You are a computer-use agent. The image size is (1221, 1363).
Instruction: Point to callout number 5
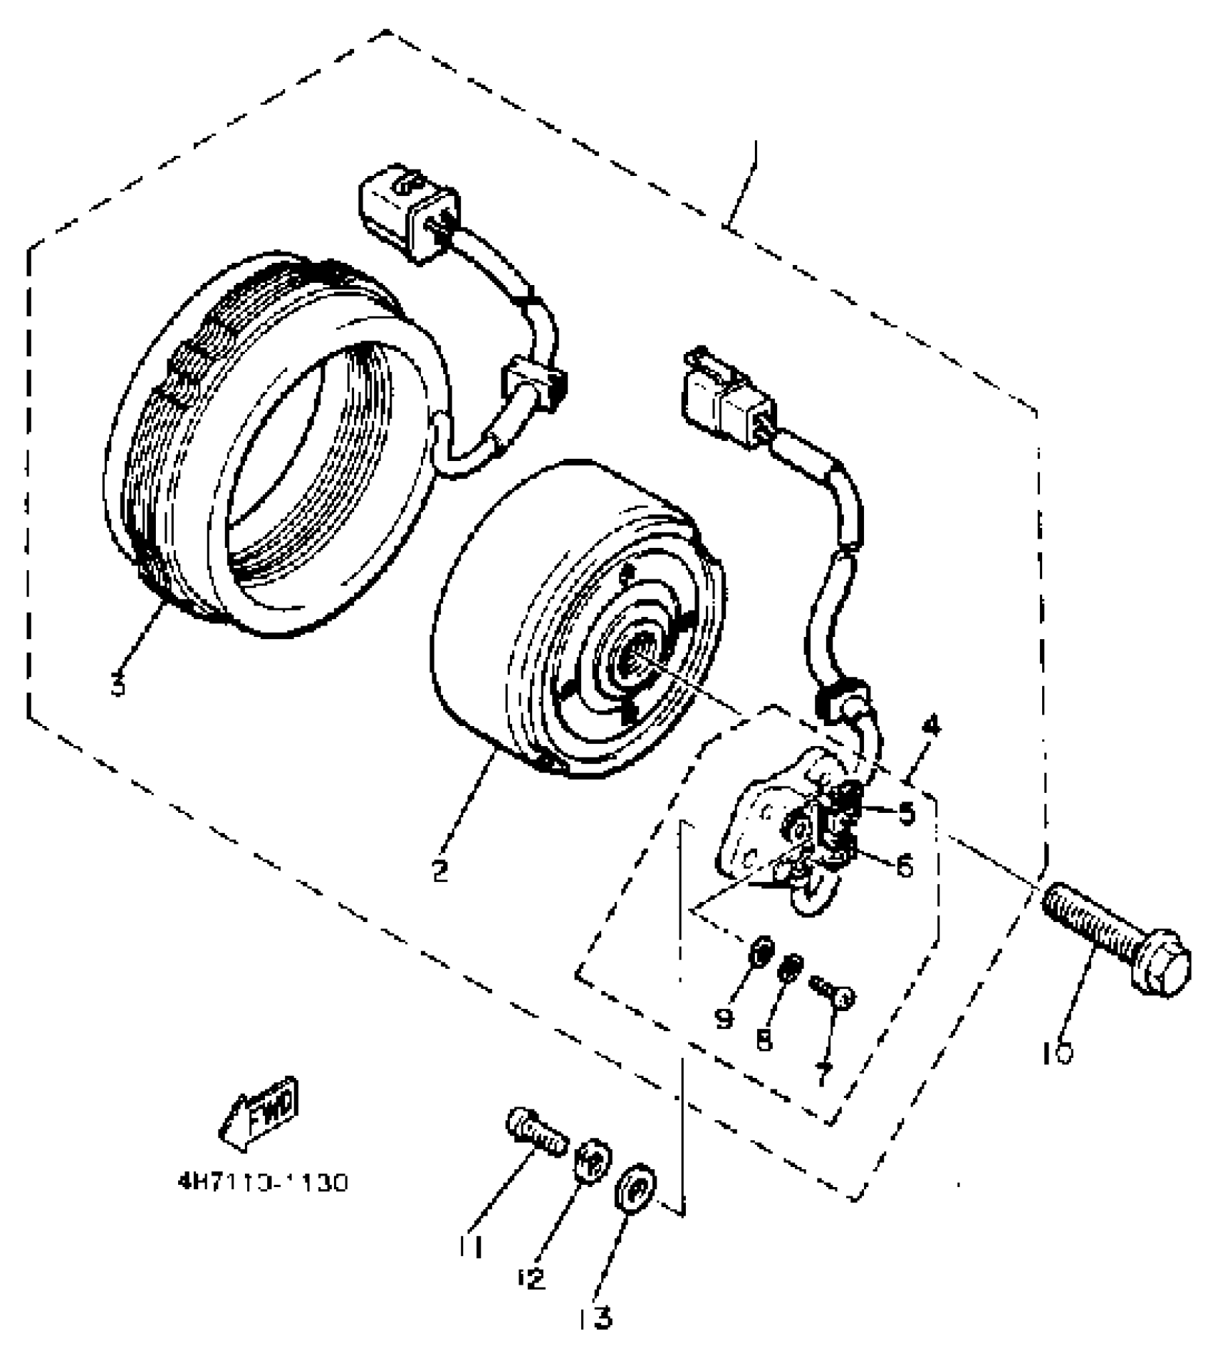pyautogui.click(x=906, y=814)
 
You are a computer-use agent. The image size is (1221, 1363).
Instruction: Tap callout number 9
pyautogui.click(x=724, y=1018)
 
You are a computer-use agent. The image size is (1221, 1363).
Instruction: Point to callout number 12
pyautogui.click(x=532, y=1278)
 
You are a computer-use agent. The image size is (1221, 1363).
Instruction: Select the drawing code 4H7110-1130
pyautogui.click(x=263, y=1181)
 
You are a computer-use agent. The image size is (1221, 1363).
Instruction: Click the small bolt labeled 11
pyautogui.click(x=536, y=1135)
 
